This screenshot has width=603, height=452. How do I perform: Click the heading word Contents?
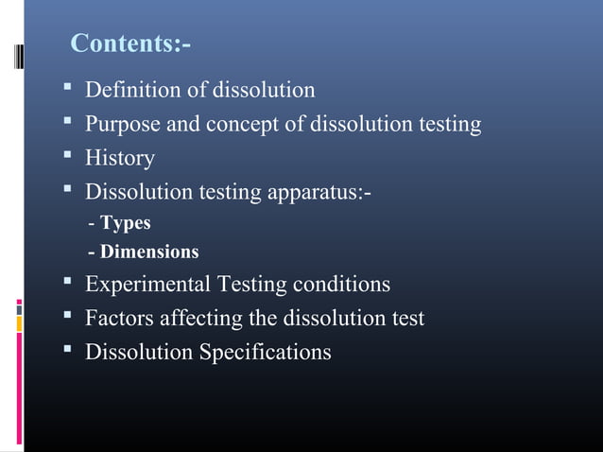tap(128, 44)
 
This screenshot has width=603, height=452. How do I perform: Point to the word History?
tap(120, 158)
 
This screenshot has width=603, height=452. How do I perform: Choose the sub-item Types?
tap(126, 224)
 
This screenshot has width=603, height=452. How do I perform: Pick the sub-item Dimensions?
tap(149, 252)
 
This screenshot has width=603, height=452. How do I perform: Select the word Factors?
tap(117, 319)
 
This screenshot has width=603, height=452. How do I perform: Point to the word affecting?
tap(195, 319)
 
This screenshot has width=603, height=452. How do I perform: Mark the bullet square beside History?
tap(68, 157)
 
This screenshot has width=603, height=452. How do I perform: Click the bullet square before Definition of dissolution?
tap(68, 90)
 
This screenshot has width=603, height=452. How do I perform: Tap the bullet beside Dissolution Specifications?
tap(68, 352)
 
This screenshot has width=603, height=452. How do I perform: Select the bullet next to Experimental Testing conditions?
tap(68, 284)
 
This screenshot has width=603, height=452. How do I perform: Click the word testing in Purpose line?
tap(447, 124)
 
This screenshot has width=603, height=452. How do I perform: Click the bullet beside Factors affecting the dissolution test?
tap(68, 318)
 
